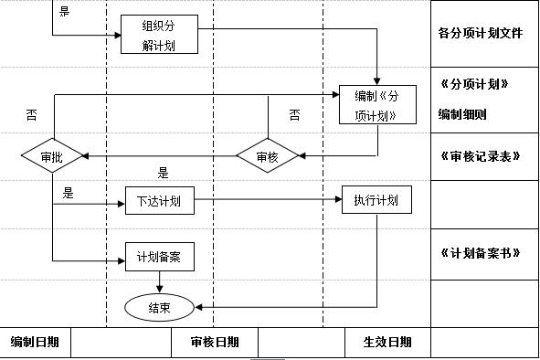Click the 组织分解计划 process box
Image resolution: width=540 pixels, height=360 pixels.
click(x=159, y=35)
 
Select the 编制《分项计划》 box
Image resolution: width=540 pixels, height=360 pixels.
click(x=370, y=105)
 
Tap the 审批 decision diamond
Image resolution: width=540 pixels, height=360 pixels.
click(x=52, y=157)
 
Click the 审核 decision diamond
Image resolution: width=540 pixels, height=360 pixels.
click(x=267, y=157)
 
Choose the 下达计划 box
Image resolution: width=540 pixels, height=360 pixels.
click(x=159, y=200)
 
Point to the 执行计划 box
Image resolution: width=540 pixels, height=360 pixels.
click(x=376, y=200)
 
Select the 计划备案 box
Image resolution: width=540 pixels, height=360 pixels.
click(x=159, y=258)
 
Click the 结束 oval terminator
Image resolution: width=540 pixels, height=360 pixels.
click(x=159, y=308)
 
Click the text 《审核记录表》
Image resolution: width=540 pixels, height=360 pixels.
click(x=480, y=155)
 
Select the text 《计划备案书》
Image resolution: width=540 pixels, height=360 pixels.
click(x=480, y=251)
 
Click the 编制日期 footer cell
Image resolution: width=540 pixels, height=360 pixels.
click(x=36, y=343)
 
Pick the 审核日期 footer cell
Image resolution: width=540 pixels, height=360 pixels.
click(x=215, y=343)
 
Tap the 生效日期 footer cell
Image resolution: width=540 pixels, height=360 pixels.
click(x=386, y=343)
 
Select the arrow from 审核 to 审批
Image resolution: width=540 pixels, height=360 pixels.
click(x=160, y=157)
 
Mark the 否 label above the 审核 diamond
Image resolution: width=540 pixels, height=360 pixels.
click(x=293, y=115)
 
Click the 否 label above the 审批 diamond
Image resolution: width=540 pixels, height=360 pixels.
click(x=31, y=115)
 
